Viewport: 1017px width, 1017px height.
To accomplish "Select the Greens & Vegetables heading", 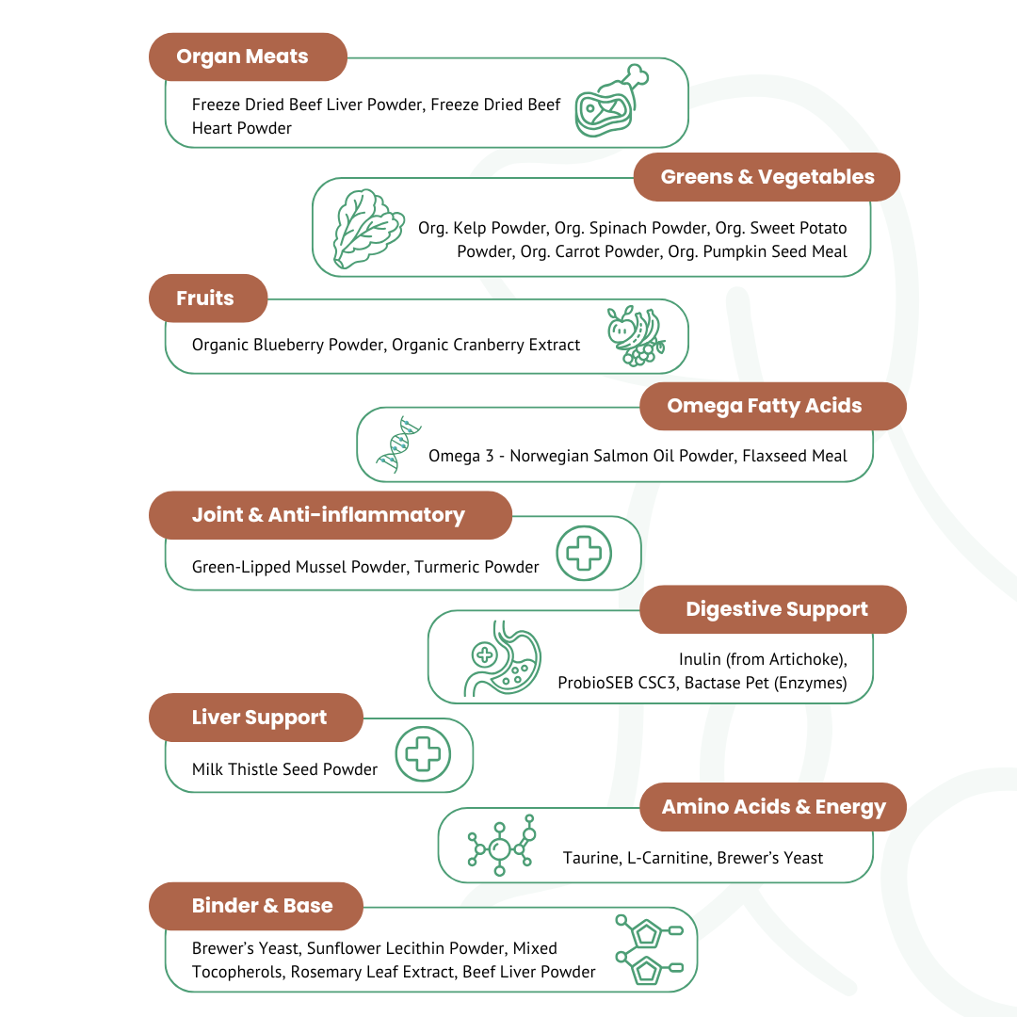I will pyautogui.click(x=767, y=177).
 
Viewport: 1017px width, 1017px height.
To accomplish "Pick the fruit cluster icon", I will pyautogui.click(x=636, y=335).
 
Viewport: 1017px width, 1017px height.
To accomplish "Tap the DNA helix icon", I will pyautogui.click(x=398, y=444).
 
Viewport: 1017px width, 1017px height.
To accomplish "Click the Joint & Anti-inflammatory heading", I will pyautogui.click(x=330, y=515).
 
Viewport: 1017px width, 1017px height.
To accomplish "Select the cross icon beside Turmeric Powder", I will pyautogui.click(x=584, y=553).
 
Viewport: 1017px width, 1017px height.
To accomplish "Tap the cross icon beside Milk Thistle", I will pyautogui.click(x=423, y=754).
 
